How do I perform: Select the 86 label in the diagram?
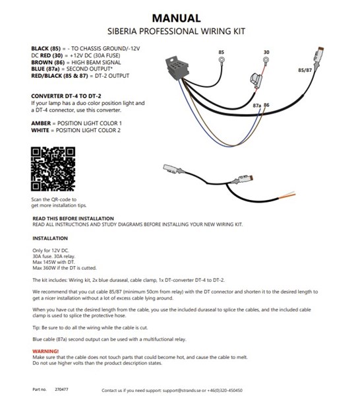click(x=266, y=105)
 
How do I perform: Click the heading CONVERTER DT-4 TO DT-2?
click(x=70, y=96)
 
